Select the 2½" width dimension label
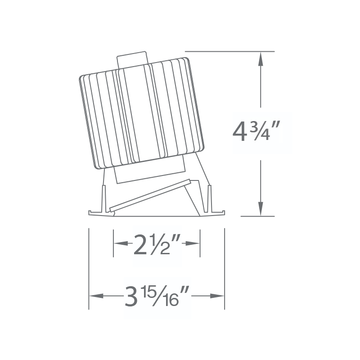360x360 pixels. tap(157, 244)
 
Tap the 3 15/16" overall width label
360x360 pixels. tap(157, 296)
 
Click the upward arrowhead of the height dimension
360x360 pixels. tap(261, 59)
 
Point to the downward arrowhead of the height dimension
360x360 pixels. tap(261, 209)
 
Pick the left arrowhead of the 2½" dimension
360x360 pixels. tap(121, 243)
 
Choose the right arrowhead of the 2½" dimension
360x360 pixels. tap(193, 243)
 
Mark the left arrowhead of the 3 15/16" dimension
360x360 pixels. tap(96, 296)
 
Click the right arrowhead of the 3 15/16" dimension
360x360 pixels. tap(217, 296)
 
